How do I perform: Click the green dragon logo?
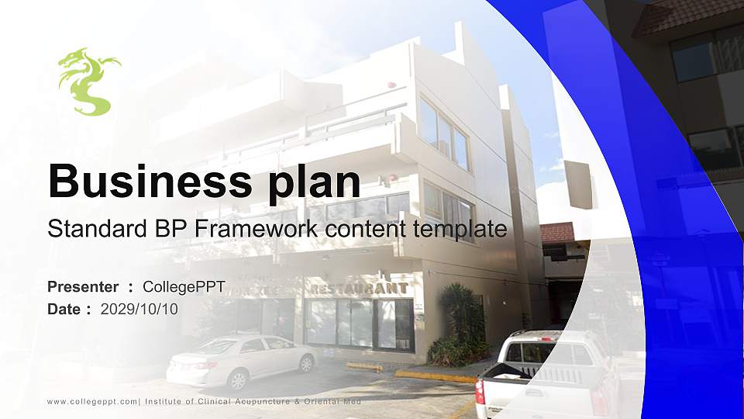point(87,81)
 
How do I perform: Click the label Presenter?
point(83,287)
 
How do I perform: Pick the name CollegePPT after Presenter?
point(184,287)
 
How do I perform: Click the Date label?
point(64,309)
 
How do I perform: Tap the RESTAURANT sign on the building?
point(360,288)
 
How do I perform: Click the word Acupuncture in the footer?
point(257,401)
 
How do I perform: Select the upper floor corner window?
point(444,133)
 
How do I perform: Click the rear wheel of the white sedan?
point(306,363)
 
